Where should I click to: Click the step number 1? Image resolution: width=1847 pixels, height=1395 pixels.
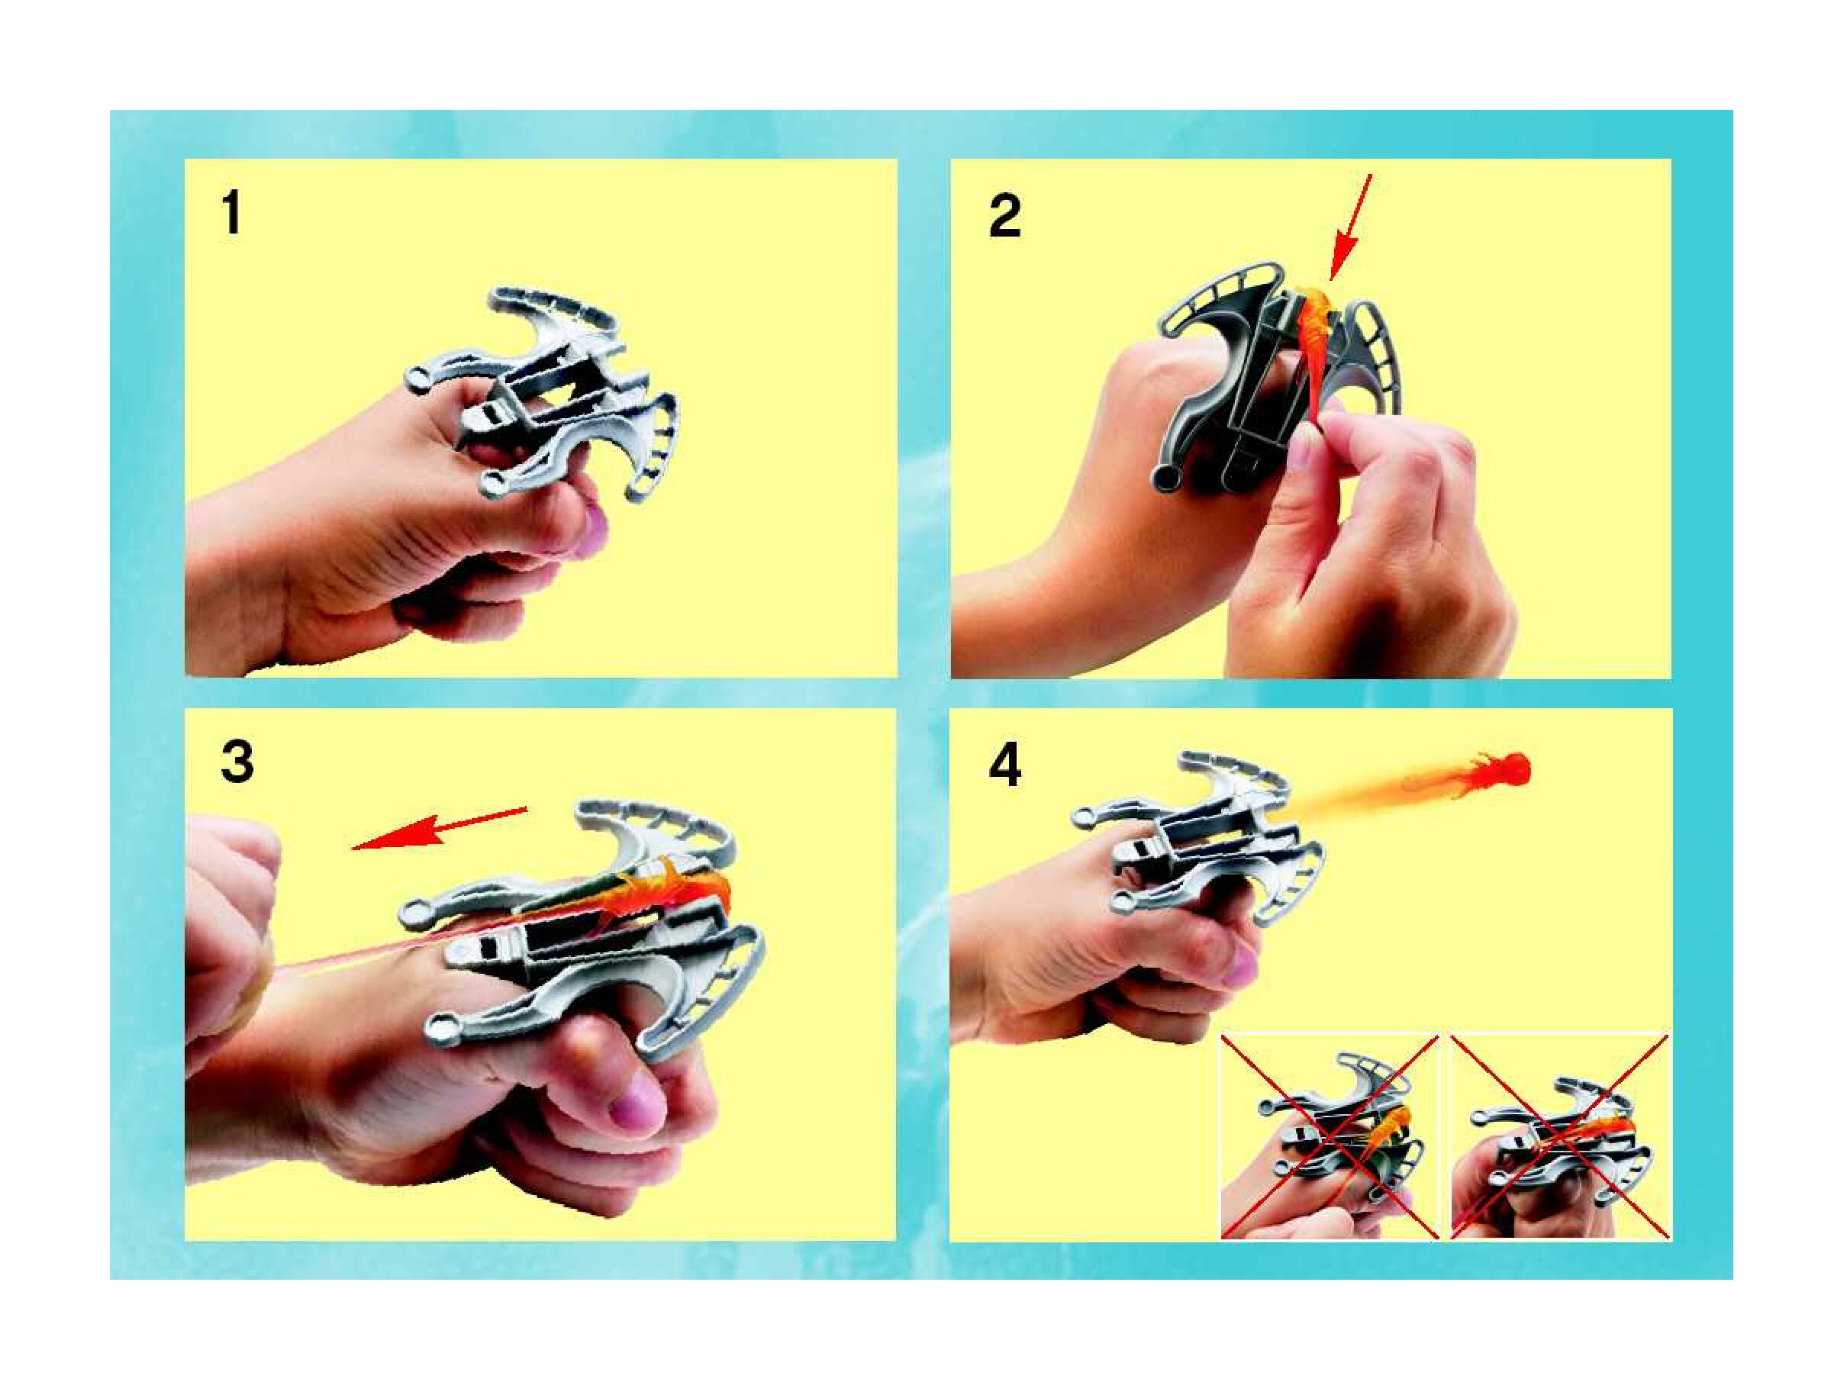pos(232,214)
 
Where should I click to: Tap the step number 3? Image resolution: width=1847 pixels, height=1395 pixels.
pos(237,762)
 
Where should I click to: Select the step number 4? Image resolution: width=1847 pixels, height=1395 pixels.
pos(1004,765)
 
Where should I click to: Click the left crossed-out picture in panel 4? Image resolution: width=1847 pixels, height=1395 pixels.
pos(1330,1137)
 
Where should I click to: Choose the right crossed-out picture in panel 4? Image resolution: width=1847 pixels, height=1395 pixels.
pos(1561,1137)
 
